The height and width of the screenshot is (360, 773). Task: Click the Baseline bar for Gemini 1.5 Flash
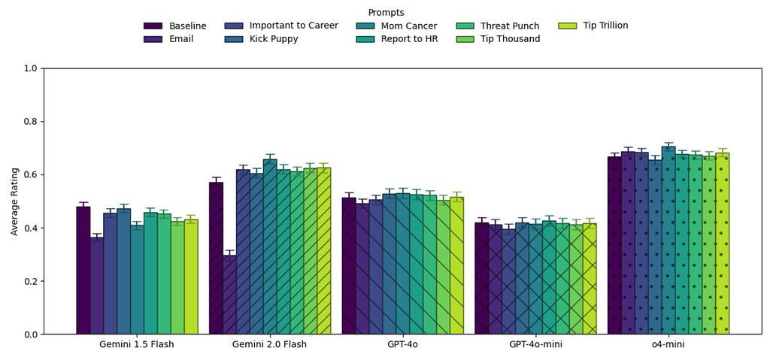point(83,271)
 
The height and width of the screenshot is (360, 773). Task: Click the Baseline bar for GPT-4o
point(349,266)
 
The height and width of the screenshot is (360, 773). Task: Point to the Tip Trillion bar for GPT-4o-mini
point(590,279)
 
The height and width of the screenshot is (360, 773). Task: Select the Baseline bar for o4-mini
point(614,245)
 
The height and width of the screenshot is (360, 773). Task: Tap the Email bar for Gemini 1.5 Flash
point(96,286)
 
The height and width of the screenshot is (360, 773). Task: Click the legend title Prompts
point(386,13)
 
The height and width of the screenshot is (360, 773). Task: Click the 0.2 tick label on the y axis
point(30,281)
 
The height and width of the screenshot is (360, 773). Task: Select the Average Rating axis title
point(15,201)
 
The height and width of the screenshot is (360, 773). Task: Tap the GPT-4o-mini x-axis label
point(535,345)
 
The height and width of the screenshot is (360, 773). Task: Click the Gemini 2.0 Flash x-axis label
point(269,345)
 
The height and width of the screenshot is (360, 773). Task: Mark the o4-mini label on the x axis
point(668,345)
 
